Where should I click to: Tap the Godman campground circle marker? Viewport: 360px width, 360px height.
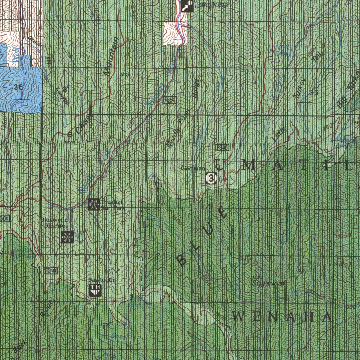point(210,178)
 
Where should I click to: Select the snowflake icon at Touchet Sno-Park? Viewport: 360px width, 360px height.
point(94,204)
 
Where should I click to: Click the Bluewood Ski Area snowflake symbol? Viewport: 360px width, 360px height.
point(67,237)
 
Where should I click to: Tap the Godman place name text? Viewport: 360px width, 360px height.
point(193,168)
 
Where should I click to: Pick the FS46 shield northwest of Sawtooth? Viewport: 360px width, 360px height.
point(50,270)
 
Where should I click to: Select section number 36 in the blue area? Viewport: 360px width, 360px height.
point(19,87)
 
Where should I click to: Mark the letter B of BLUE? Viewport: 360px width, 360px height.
point(182,260)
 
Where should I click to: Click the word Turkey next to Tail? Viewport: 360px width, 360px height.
point(299,88)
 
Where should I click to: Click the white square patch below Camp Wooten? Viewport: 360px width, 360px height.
point(174,33)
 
